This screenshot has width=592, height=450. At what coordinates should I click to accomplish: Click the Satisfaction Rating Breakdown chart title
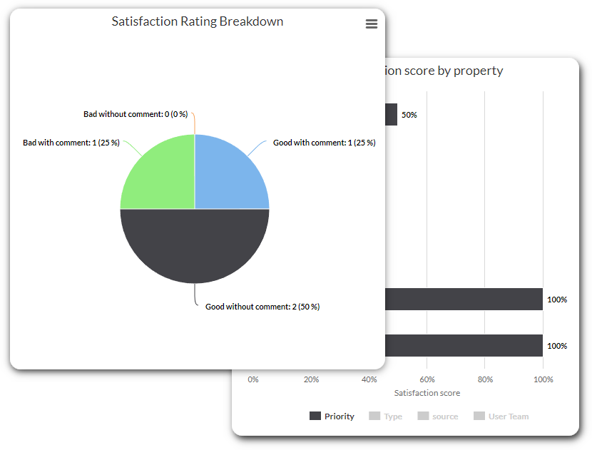[198, 21]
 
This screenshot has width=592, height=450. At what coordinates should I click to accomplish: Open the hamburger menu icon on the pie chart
[371, 24]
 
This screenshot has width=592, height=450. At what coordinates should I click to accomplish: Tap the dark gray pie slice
[195, 246]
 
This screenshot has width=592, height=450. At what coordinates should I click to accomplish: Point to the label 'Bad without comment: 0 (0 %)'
[135, 114]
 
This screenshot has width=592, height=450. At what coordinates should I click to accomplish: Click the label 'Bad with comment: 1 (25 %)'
[71, 143]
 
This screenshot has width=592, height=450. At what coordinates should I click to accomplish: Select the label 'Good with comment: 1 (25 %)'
[325, 143]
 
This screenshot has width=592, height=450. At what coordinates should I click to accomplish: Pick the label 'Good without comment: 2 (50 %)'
[262, 307]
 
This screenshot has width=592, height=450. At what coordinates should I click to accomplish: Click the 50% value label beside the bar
[409, 115]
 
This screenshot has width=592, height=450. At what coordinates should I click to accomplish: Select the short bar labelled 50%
[391, 115]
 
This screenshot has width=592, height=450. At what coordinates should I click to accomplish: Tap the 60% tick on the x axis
[427, 379]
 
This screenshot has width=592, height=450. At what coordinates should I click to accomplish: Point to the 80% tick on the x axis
[485, 379]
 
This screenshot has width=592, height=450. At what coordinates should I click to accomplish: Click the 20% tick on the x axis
[311, 379]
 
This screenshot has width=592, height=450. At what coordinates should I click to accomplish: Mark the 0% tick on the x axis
[253, 379]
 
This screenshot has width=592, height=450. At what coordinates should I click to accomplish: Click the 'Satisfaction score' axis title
[427, 393]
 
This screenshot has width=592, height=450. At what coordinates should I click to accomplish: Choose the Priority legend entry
[332, 416]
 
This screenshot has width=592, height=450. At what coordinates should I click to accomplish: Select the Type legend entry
[386, 416]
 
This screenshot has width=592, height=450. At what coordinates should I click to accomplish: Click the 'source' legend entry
[438, 416]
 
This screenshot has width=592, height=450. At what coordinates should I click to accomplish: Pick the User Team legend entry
[501, 416]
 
